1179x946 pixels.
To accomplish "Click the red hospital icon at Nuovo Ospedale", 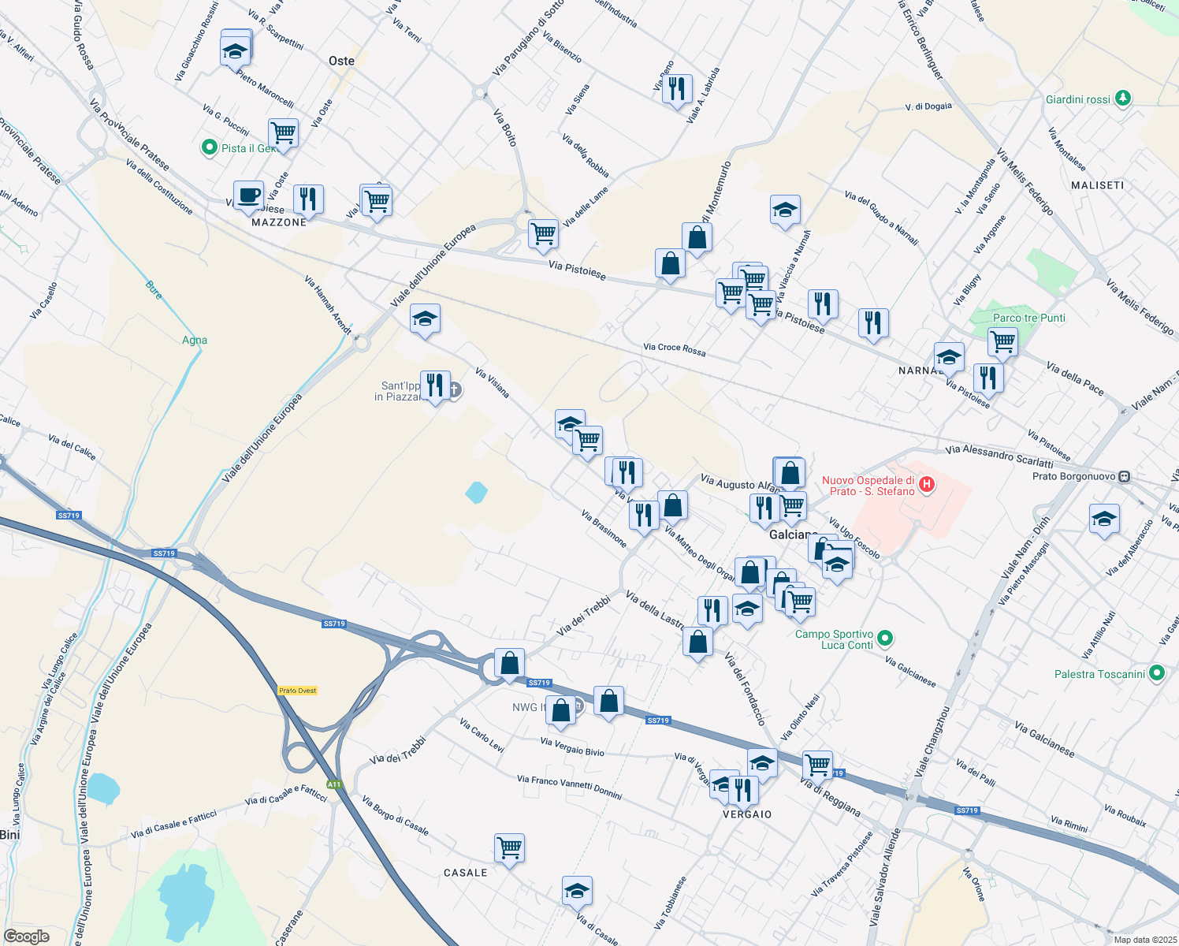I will coord(927,484).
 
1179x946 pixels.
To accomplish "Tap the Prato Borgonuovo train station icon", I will coord(1125,477).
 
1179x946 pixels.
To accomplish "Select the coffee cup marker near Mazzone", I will coord(248,196).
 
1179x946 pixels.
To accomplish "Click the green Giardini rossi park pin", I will coord(1123,99).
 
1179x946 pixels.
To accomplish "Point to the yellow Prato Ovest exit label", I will coord(297,691).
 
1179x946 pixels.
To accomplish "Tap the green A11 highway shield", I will coord(334,784).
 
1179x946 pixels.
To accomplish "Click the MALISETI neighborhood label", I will coord(1098,185).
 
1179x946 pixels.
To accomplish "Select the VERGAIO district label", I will coord(747,814).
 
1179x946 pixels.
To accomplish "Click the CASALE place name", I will coord(465,873).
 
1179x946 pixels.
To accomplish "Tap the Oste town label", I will coord(341,61).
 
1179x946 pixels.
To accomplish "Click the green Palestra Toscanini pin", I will coord(1157,673).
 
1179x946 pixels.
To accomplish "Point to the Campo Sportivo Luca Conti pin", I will coord(885,638).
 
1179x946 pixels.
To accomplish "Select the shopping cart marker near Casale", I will coord(509,849).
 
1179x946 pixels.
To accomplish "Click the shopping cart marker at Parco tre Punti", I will coord(1002,342).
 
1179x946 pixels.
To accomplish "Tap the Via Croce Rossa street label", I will coord(674,348).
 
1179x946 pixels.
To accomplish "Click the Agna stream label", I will coord(195,341).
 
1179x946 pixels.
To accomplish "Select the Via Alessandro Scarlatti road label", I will coord(999,456).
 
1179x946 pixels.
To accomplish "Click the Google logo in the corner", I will coord(27,937).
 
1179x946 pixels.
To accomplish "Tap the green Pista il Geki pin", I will coord(209,147).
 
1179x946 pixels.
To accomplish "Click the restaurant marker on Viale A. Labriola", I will coord(676,91).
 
